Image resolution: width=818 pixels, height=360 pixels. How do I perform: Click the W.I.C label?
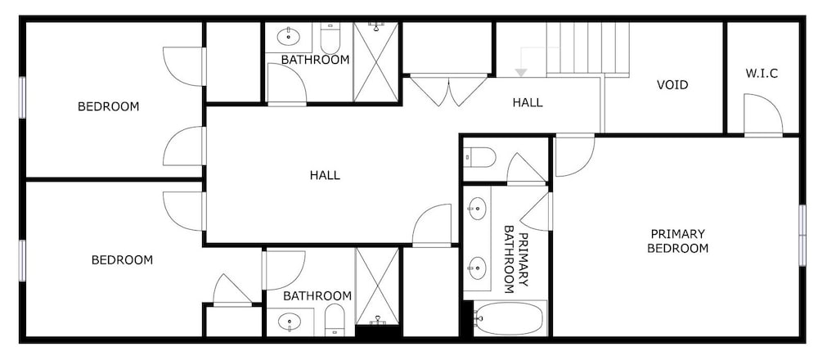[762, 74]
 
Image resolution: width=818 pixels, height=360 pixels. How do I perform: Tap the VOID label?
[672, 84]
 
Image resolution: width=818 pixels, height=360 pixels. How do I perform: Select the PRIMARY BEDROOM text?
[677, 241]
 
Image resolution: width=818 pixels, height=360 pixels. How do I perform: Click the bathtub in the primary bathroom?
[510, 318]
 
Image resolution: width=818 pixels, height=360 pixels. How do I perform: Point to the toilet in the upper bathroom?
[330, 38]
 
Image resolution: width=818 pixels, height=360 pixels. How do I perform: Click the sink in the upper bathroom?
[287, 37]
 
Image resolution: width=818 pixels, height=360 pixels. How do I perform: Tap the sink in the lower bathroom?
[289, 322]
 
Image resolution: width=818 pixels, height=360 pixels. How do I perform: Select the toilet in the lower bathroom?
[335, 320]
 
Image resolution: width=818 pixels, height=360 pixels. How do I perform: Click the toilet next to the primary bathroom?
[479, 157]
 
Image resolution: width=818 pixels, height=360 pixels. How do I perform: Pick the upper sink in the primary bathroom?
[476, 209]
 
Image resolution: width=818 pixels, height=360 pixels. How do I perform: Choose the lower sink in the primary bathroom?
[476, 268]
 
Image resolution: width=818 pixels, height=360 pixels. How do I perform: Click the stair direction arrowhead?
[520, 73]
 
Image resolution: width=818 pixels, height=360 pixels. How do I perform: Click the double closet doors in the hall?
[448, 91]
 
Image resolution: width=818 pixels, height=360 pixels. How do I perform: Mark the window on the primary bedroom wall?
[802, 236]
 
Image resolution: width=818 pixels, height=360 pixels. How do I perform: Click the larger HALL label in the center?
[325, 175]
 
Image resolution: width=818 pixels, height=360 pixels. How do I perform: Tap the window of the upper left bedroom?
[22, 97]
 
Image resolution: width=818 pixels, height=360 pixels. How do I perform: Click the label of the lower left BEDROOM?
[122, 260]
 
